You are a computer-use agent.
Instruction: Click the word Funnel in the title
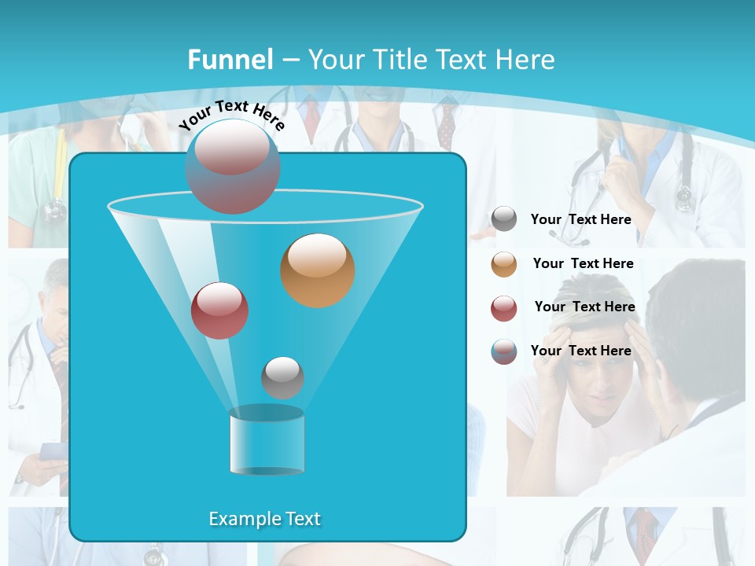230,60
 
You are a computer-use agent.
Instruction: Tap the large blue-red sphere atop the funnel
233,166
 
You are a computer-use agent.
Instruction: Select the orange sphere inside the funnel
317,270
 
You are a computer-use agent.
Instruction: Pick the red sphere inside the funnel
219,310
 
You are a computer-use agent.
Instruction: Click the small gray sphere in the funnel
282,377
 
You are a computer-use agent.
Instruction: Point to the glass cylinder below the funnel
267,441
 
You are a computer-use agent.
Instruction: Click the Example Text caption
264,519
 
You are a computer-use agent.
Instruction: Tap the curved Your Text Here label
231,115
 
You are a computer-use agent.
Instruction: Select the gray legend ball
504,219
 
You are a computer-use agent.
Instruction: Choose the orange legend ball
504,263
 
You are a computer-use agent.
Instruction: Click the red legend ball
504,307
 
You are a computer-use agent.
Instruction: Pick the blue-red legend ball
504,351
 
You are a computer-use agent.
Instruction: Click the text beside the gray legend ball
580,220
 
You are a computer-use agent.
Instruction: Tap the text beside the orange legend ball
583,264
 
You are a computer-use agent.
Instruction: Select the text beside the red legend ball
584,307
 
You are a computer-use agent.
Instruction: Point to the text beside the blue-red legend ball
580,351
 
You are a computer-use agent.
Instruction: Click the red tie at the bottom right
646,535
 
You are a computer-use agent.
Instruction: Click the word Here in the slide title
525,60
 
